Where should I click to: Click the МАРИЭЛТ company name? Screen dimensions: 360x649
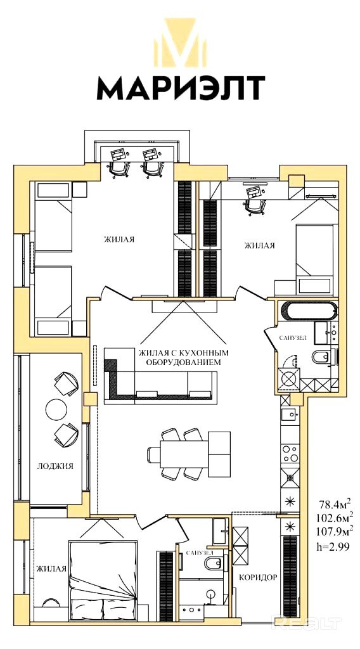[x=181, y=88]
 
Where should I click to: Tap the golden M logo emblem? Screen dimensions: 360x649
[x=181, y=42]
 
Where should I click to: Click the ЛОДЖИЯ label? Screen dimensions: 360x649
[x=55, y=466]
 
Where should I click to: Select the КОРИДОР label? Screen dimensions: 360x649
[x=258, y=577]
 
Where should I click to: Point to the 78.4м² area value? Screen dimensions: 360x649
[x=335, y=503]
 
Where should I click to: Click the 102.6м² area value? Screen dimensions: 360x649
[x=335, y=517]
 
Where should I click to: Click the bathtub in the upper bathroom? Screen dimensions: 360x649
[x=309, y=311]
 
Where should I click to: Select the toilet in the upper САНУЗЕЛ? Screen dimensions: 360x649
[x=322, y=356]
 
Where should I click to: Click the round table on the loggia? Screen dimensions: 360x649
[x=56, y=409]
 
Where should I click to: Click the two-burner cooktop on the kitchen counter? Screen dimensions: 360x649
[x=289, y=453]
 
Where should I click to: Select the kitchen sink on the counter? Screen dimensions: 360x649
[x=289, y=413]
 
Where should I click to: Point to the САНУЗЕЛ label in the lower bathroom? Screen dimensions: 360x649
[x=200, y=553]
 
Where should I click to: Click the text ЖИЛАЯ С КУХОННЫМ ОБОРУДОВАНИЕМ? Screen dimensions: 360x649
[x=183, y=357]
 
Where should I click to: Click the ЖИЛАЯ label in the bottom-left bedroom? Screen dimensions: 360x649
[x=51, y=569]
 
